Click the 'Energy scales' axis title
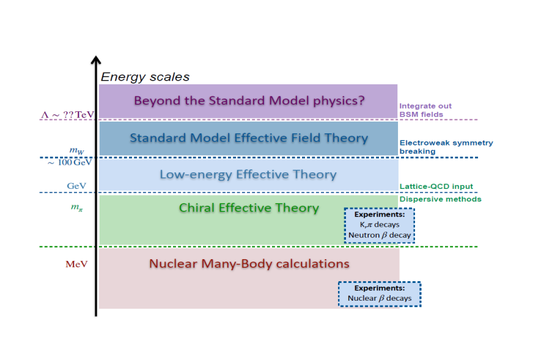[x=145, y=77]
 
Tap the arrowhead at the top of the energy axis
[x=96, y=60]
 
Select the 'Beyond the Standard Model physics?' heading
[x=249, y=101]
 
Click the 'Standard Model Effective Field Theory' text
[x=249, y=138]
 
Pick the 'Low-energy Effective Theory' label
[x=248, y=174]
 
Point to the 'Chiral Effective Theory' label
[x=249, y=208]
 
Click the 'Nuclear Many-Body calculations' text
[x=249, y=264]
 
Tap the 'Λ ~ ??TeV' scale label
[x=67, y=114]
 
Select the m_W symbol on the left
[x=76, y=150]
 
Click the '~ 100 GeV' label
[x=70, y=163]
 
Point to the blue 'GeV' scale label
[x=76, y=186]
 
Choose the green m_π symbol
[x=76, y=207]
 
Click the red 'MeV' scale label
[x=76, y=264]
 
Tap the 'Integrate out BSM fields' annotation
[x=425, y=110]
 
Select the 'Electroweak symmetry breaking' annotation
[x=446, y=147]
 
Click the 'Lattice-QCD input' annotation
[x=436, y=186]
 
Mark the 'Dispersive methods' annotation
[x=440, y=199]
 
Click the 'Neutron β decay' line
[x=380, y=235]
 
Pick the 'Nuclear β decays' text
[x=380, y=298]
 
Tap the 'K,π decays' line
[x=380, y=225]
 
